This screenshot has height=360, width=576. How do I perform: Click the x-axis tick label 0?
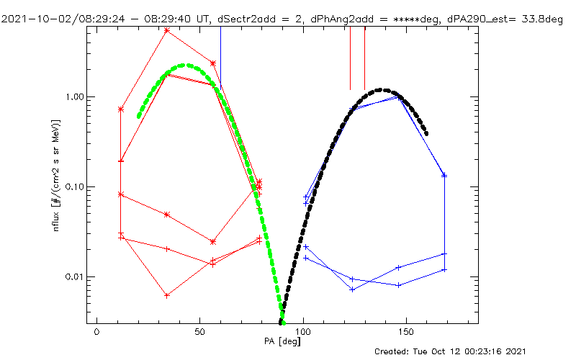click(96, 331)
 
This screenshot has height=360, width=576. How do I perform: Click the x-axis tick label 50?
click(199, 331)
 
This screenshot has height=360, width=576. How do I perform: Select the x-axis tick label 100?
click(303, 331)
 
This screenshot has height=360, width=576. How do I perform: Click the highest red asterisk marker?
click(167, 30)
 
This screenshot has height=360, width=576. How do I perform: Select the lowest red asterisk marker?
click(167, 295)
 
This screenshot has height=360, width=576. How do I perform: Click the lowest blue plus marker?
click(353, 289)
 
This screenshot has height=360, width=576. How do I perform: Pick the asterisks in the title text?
click(401, 19)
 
